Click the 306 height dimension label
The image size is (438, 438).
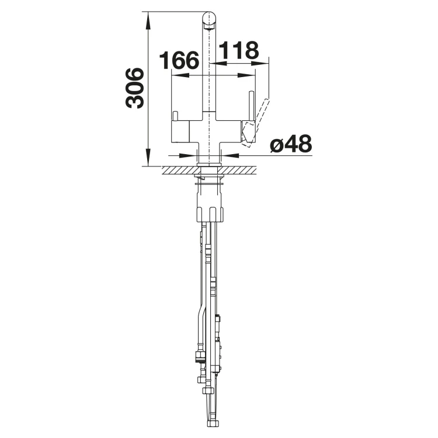(135, 88)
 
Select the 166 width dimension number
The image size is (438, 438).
(179, 60)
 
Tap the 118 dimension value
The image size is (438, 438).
(239, 51)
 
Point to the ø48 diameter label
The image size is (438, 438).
(291, 144)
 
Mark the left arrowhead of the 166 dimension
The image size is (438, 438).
(180, 75)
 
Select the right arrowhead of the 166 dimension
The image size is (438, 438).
(246, 75)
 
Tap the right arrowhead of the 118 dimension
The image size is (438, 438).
(260, 63)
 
